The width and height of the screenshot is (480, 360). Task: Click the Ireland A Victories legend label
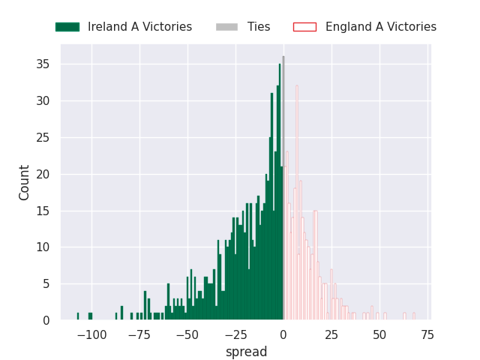(139, 27)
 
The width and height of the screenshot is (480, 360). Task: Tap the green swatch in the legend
(67, 27)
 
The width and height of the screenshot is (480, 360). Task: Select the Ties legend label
(259, 27)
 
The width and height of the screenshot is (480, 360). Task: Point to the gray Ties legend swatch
(226, 27)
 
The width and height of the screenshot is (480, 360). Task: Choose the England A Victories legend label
(381, 27)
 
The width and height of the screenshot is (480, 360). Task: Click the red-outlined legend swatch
(304, 27)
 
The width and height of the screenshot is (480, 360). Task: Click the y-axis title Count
(25, 182)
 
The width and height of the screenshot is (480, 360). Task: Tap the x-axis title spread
(246, 352)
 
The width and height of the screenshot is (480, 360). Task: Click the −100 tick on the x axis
(91, 334)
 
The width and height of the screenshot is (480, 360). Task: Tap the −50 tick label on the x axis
(187, 334)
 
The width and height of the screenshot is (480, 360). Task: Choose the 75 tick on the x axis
(427, 334)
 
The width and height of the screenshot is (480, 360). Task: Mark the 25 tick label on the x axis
(331, 334)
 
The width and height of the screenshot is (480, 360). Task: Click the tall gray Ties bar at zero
(283, 187)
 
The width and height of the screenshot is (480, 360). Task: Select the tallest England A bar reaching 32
(297, 202)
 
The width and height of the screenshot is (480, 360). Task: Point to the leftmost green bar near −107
(78, 316)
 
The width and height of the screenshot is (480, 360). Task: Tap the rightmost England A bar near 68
(413, 316)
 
